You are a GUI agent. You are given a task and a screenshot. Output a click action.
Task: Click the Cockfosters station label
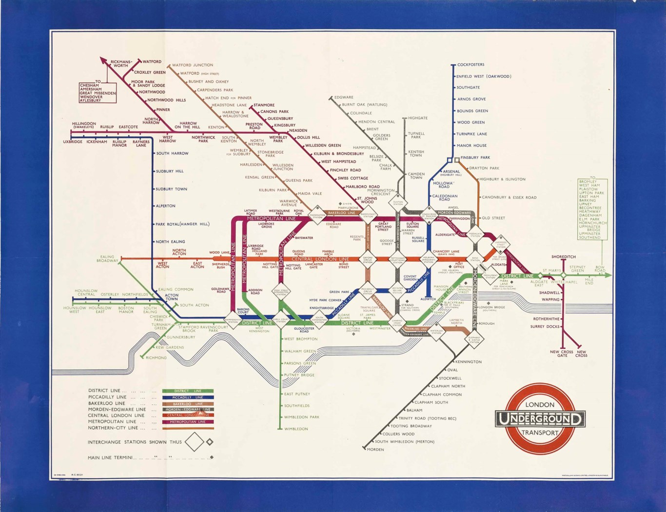click(470, 65)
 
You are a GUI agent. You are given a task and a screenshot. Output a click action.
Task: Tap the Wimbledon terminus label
click(296, 429)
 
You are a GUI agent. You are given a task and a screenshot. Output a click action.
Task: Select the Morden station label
click(375, 450)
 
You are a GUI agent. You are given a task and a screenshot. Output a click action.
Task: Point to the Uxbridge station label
click(72, 142)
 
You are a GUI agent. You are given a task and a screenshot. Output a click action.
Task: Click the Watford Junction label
click(193, 65)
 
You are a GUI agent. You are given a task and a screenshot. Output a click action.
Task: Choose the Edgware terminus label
click(344, 98)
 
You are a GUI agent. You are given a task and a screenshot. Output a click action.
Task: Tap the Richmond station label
click(156, 358)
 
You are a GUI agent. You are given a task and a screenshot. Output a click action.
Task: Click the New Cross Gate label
click(562, 354)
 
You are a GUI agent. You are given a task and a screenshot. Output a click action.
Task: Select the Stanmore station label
click(264, 105)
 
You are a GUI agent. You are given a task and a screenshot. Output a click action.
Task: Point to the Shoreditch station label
click(564, 257)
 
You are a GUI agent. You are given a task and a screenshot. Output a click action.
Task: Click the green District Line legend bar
click(188, 391)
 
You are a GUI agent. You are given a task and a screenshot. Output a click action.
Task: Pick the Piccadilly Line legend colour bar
click(188, 397)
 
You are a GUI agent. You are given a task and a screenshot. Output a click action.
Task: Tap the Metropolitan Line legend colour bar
click(188, 422)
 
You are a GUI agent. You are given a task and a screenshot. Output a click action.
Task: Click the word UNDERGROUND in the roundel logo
click(540, 419)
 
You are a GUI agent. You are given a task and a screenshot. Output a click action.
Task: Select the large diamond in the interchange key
click(194, 442)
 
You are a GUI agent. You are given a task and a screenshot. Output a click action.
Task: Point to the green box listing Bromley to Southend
click(592, 209)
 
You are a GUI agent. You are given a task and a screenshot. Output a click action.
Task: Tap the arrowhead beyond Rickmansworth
click(103, 60)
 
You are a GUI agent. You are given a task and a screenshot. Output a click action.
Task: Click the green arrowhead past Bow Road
click(608, 276)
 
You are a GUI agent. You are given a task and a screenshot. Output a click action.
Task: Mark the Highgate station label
click(417, 118)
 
